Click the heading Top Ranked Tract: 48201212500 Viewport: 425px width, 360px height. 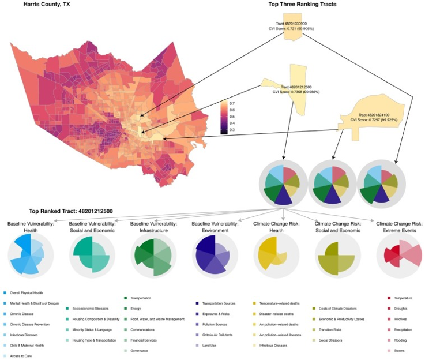(x=75, y=211)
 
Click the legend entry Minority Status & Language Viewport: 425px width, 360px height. (x=92, y=329)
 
